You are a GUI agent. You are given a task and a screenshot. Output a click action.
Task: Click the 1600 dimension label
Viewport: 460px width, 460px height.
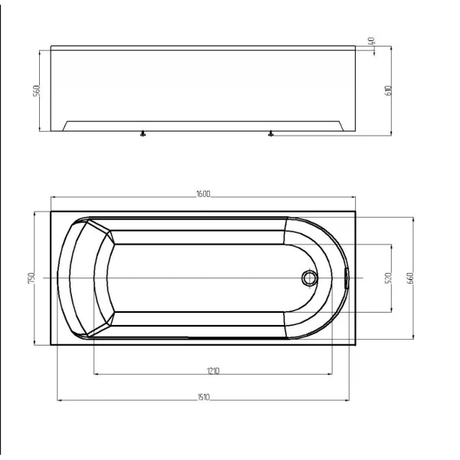[203, 194]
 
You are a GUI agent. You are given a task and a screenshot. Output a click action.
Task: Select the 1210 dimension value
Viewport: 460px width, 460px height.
[213, 371]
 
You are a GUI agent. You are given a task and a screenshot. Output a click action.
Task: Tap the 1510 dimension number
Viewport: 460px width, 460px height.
[204, 397]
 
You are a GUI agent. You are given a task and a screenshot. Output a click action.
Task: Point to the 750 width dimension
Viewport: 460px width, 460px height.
[31, 278]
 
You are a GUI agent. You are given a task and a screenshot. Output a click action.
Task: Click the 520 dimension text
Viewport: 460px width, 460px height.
[388, 278]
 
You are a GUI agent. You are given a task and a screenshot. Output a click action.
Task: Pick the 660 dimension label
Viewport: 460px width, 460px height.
[410, 278]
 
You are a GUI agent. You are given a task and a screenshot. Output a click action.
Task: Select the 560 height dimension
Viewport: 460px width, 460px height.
[36, 91]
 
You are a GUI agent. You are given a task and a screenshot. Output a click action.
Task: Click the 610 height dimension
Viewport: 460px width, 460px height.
[388, 90]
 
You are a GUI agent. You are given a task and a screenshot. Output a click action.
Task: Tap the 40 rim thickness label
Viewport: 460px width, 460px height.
[371, 41]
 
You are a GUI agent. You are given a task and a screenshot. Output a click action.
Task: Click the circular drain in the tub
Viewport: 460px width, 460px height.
[310, 278]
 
